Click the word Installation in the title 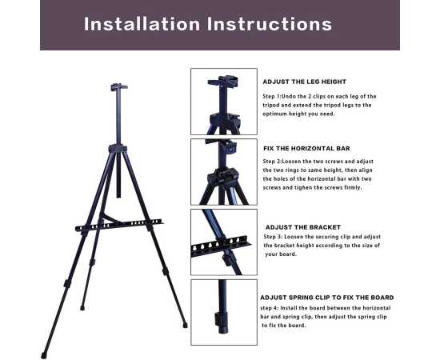142,24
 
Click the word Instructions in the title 270,24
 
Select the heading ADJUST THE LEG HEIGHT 305,82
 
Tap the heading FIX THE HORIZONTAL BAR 306,149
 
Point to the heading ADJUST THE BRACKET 303,227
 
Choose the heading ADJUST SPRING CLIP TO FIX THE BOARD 327,298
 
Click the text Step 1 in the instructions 271,97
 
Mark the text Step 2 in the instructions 272,162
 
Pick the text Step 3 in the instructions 273,237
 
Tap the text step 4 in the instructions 269,308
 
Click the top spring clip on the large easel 118,87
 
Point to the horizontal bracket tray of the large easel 119,225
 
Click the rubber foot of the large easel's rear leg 82,308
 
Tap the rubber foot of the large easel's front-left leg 43,356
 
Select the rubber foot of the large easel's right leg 185,325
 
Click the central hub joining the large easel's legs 118,148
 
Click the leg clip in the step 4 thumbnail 220,318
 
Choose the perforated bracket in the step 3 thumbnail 221,246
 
